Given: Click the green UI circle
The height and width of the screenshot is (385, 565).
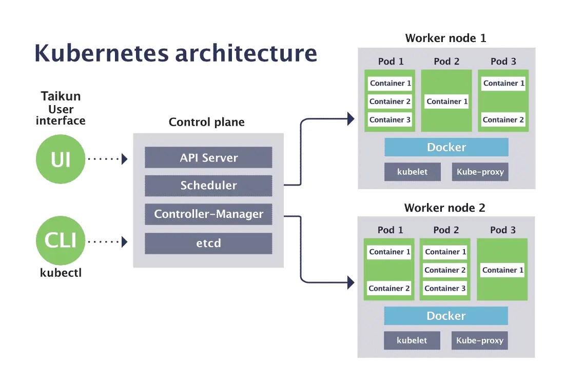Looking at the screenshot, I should tap(60, 159).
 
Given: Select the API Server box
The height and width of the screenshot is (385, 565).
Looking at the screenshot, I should tap(208, 157).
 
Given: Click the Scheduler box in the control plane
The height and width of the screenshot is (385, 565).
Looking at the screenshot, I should tap(208, 186).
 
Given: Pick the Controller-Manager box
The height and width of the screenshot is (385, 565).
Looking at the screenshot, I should tap(208, 214).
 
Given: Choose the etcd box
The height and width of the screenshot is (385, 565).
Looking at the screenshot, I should tap(208, 243).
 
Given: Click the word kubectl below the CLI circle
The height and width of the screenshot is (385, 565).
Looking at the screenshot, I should tap(61, 273).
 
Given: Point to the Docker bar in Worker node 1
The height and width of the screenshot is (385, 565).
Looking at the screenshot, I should tap(446, 147).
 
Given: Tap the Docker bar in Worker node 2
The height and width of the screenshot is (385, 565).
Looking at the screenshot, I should tap(446, 316).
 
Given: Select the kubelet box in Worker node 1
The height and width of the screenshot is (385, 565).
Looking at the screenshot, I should tap(412, 172).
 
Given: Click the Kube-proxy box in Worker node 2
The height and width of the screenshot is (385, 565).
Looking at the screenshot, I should tap(479, 340).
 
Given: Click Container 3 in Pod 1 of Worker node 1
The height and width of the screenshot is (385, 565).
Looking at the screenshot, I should tap(390, 119).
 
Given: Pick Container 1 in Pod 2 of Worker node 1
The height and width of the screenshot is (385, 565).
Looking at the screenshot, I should tap(447, 102).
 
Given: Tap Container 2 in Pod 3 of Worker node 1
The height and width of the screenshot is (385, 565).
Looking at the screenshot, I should tap(503, 119).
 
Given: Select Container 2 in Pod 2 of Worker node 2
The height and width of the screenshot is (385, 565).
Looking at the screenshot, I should tap(445, 270).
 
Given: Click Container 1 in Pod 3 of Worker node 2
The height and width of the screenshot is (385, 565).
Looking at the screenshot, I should tap(502, 270).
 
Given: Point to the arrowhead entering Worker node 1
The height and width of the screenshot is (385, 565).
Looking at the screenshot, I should tap(351, 119).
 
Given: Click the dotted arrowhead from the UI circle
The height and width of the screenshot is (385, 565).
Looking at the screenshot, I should tap(124, 159).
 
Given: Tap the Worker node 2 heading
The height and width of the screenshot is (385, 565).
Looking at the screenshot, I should tap(444, 208).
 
